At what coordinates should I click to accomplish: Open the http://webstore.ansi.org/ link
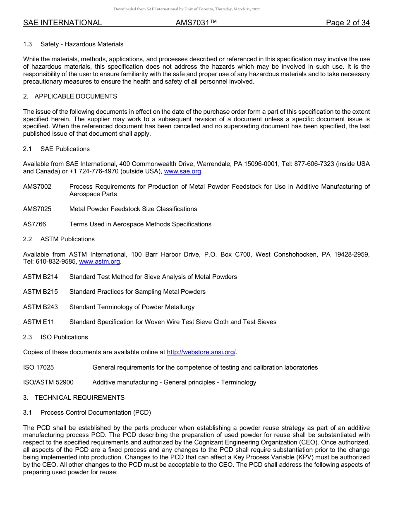click(x=201, y=352)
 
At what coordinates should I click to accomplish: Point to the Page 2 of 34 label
click(x=347, y=23)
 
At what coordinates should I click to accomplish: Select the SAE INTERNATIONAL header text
click(x=62, y=23)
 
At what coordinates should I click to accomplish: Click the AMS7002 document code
click(x=37, y=187)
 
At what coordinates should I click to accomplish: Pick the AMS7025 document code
click(x=37, y=209)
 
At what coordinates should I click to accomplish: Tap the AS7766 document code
click(x=35, y=224)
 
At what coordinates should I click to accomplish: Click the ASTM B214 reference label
click(x=41, y=277)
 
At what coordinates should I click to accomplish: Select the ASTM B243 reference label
click(x=41, y=307)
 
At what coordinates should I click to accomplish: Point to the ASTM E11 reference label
click(x=38, y=322)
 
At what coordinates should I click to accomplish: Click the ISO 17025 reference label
click(x=38, y=367)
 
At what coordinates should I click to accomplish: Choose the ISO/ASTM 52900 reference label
click(x=48, y=382)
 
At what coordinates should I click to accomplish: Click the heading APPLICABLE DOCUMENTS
click(x=76, y=96)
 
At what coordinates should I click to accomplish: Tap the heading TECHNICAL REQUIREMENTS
click(x=79, y=398)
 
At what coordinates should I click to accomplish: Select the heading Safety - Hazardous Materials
click(x=82, y=44)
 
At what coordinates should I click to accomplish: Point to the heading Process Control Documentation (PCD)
click(x=96, y=413)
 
